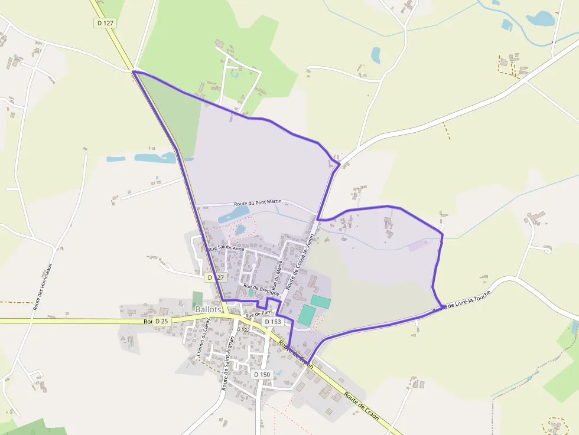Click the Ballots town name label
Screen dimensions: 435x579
pos(207,309)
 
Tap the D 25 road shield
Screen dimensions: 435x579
pos(161,321)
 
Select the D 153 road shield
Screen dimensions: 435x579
pos(272,322)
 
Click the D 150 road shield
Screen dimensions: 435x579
pos(262,374)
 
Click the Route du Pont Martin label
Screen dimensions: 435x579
pos(258,202)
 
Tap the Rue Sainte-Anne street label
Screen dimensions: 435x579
pos(226,249)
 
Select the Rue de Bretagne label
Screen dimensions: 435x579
pos(261,289)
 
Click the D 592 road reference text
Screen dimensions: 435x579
pos(243,329)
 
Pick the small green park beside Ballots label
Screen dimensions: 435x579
pos(197,299)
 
